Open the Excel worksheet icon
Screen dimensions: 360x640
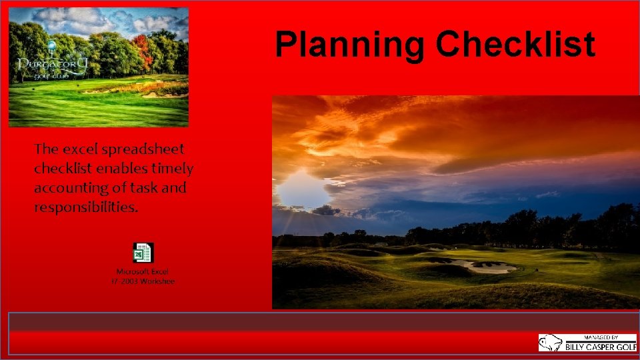[143, 253]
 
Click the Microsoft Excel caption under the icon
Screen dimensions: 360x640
[143, 272]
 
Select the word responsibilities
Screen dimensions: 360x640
[86, 207]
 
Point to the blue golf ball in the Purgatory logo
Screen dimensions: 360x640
[51, 45]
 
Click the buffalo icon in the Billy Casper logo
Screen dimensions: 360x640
[551, 343]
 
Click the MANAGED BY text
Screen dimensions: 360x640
[600, 337]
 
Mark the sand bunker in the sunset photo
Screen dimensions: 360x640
[490, 267]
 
